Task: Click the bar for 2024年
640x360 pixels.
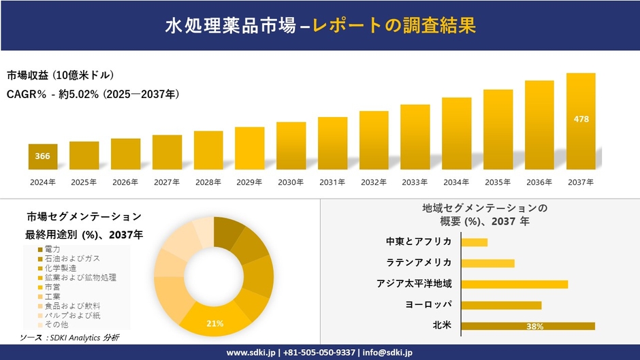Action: pyautogui.click(x=42, y=157)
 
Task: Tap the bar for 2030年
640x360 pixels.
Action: pyautogui.click(x=291, y=146)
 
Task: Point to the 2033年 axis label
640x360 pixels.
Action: pyautogui.click(x=415, y=182)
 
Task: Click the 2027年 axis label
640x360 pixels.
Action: pyautogui.click(x=167, y=182)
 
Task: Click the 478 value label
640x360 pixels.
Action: pyautogui.click(x=581, y=119)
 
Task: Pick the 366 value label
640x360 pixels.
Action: pyautogui.click(x=42, y=157)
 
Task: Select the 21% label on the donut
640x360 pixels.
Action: pyautogui.click(x=215, y=323)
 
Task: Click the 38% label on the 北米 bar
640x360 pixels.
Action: pyautogui.click(x=534, y=327)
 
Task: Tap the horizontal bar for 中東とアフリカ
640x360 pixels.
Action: pyautogui.click(x=475, y=242)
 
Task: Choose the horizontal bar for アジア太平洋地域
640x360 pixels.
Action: pyautogui.click(x=514, y=284)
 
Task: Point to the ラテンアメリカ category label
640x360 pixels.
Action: pyautogui.click(x=418, y=263)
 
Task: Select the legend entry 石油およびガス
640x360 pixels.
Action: pyautogui.click(x=71, y=259)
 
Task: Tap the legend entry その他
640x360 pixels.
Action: pyautogui.click(x=55, y=325)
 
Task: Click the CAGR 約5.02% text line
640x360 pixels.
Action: pyautogui.click(x=93, y=94)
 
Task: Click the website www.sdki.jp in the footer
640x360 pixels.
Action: pyautogui.click(x=249, y=353)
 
